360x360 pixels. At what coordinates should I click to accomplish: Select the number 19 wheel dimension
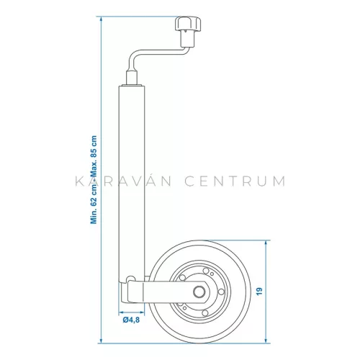[278, 291]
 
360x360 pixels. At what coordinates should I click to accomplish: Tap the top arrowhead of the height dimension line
[101, 22]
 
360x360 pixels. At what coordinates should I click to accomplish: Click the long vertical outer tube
[131, 180]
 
